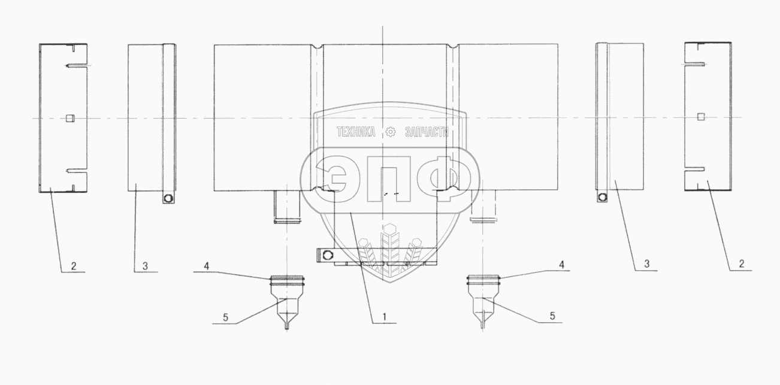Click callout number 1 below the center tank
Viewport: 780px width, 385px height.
tap(385, 317)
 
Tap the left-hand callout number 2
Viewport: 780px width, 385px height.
tap(74, 266)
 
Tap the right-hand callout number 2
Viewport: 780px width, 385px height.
tap(741, 264)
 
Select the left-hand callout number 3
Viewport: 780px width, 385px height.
tap(145, 266)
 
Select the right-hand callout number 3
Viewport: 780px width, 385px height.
tap(646, 264)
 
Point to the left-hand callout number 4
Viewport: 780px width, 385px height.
tap(207, 266)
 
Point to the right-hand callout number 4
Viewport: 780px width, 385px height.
tap(562, 265)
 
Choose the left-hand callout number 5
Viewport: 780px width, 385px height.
tap(225, 317)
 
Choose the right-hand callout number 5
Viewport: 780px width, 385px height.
tap(552, 316)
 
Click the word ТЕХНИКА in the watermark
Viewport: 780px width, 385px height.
tap(356, 132)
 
